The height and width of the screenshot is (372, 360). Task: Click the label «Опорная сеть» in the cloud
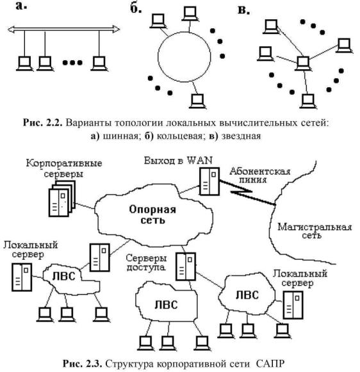point(152,214)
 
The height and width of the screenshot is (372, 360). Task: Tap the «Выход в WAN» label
point(178,161)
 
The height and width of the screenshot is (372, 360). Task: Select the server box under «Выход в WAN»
point(209,181)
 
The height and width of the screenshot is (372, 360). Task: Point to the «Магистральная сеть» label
point(315,231)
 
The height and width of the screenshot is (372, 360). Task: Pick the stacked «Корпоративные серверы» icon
point(62,198)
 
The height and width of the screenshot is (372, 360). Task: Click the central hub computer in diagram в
point(303,63)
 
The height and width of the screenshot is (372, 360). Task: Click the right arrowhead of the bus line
point(116,29)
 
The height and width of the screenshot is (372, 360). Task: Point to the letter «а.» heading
point(21,6)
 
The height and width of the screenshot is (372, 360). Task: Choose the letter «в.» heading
point(243,10)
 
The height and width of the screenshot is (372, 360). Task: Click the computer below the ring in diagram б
point(197,101)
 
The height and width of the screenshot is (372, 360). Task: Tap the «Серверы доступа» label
point(146,263)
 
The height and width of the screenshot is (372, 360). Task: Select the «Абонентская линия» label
point(259,175)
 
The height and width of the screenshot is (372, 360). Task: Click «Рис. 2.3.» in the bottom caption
point(82,364)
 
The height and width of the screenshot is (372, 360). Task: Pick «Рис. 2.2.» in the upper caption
point(42,123)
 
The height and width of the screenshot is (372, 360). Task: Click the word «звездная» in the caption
point(241,136)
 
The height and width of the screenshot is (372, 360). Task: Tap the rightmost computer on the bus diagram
point(99,63)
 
